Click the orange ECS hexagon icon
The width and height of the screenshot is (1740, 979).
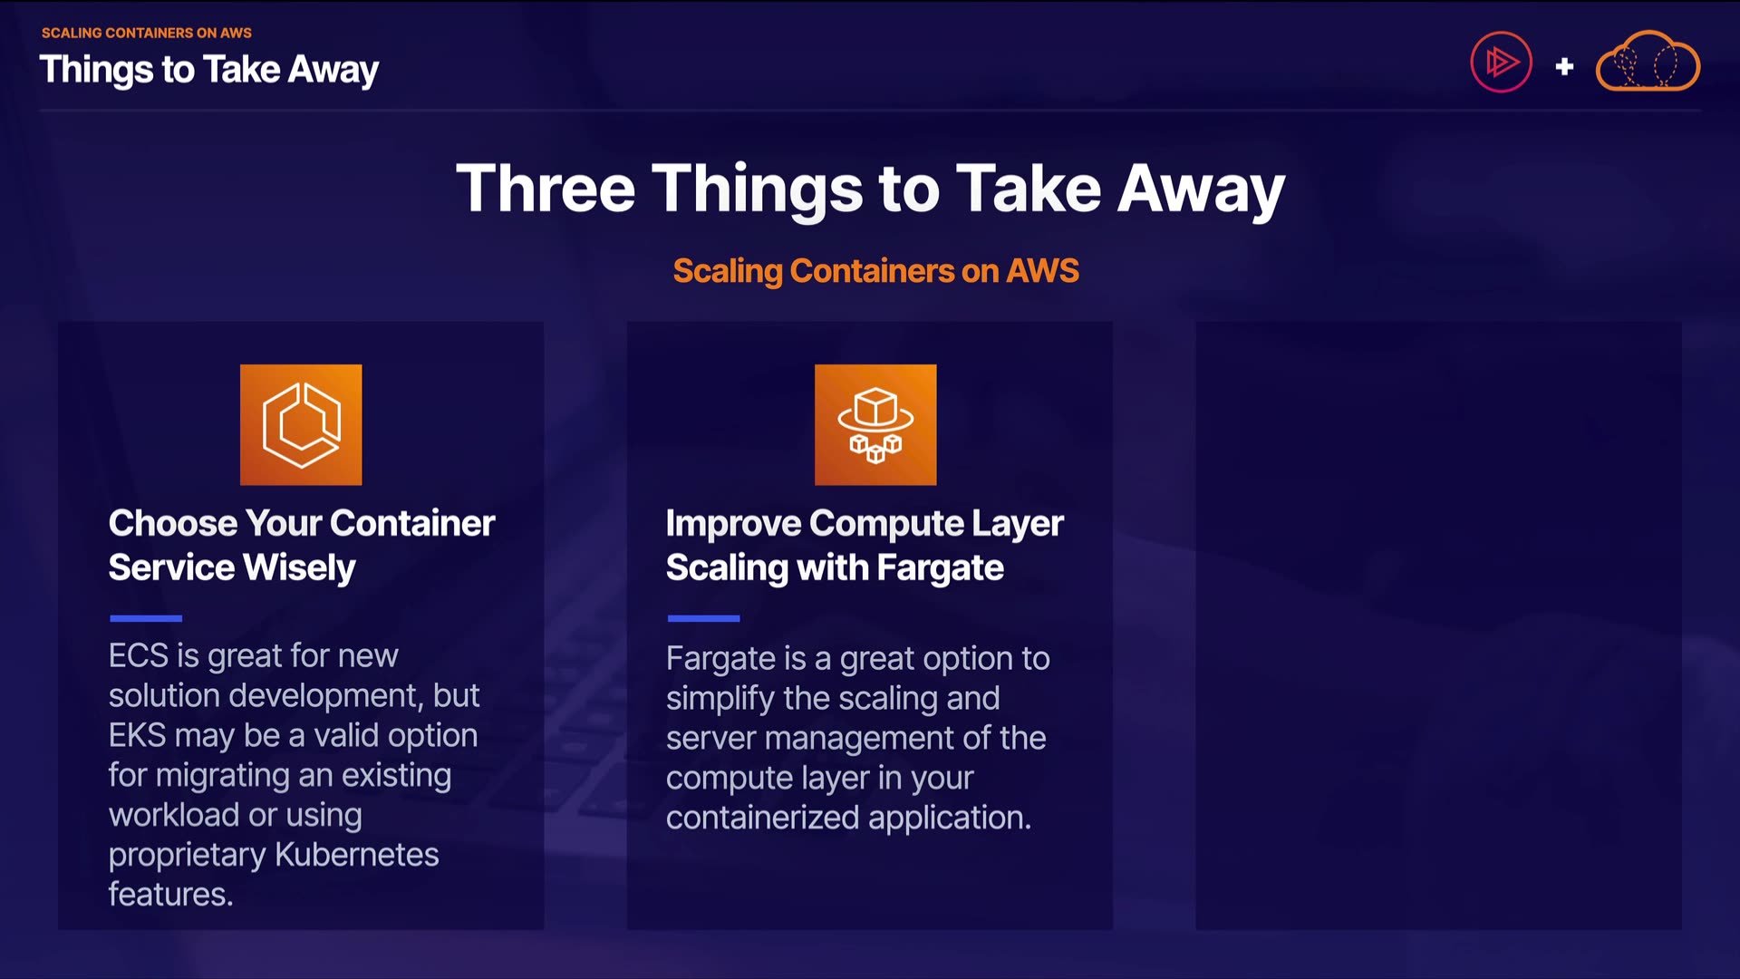pos(301,425)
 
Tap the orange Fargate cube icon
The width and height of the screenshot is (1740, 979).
pos(875,425)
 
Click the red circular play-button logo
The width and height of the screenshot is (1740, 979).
pos(1501,63)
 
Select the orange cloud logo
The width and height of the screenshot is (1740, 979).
pos(1648,62)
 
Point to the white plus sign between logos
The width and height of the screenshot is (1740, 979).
pos(1564,66)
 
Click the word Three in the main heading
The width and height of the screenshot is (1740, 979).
pos(546,189)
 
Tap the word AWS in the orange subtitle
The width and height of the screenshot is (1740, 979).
pos(1043,271)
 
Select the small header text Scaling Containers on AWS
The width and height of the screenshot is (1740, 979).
pos(147,33)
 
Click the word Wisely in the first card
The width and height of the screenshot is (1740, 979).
pos(299,568)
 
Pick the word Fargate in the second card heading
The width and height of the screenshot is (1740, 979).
pos(940,568)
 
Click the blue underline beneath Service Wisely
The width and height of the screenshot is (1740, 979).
pos(146,618)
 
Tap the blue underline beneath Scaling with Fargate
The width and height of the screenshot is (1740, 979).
pos(703,618)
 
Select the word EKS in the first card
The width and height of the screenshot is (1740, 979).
pos(138,735)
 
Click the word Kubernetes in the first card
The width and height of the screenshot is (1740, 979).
pos(356,855)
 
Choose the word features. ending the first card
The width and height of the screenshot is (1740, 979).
pos(171,895)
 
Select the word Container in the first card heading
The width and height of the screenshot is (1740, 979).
pos(412,523)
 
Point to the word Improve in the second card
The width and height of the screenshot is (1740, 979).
pos(733,524)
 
